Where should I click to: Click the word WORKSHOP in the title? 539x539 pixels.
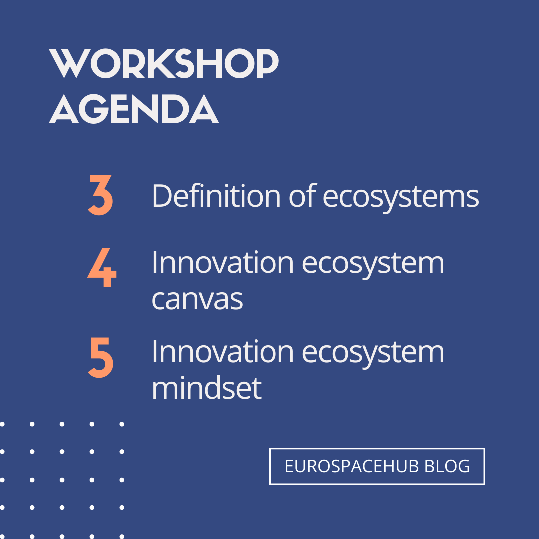click(164, 64)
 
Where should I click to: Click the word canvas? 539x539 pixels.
click(197, 299)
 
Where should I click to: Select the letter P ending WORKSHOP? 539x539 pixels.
click(265, 64)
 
